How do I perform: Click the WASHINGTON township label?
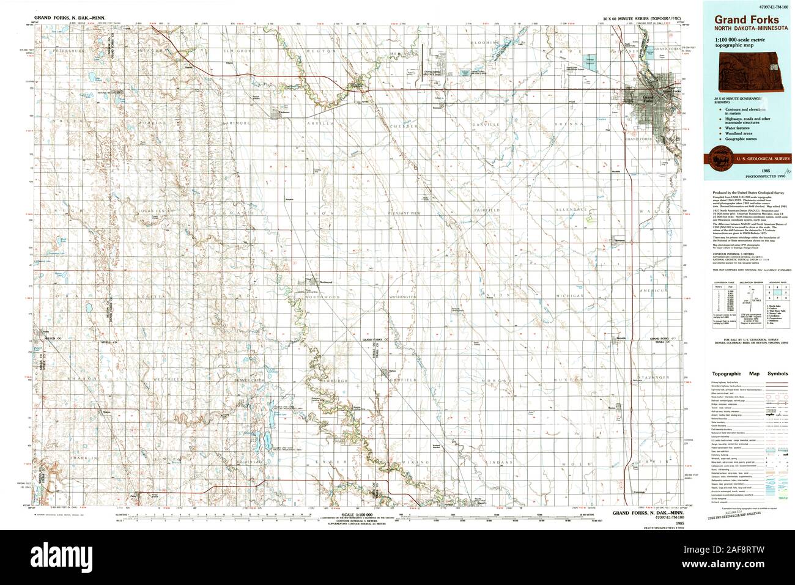coord(403,297)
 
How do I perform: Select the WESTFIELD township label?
coord(169,380)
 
